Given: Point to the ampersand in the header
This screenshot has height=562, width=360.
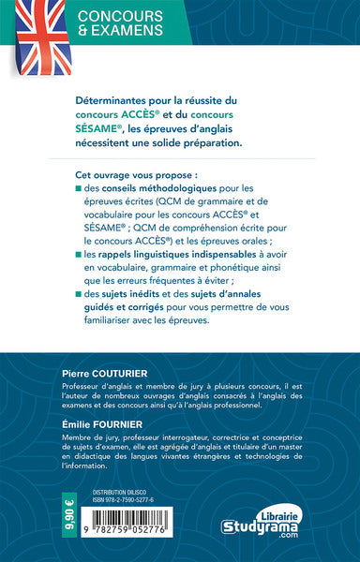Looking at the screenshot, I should pyautogui.click(x=82, y=33).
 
